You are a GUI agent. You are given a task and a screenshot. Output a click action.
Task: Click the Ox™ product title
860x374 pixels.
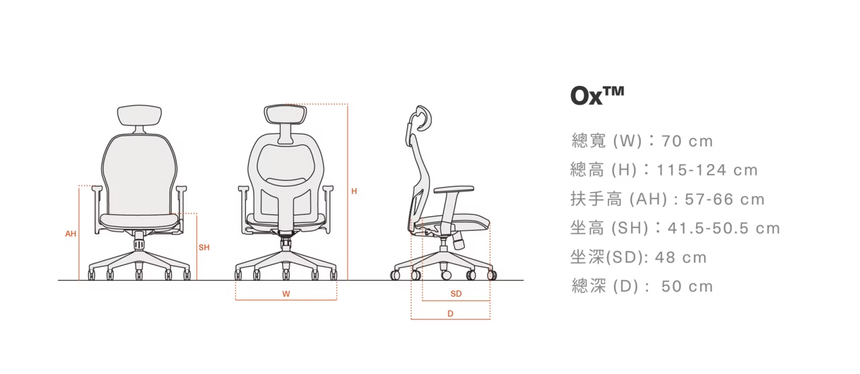pyautogui.click(x=597, y=95)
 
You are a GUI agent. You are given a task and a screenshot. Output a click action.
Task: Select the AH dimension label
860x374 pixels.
pyautogui.click(x=71, y=234)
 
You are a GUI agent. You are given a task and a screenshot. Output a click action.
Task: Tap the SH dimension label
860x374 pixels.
pyautogui.click(x=204, y=248)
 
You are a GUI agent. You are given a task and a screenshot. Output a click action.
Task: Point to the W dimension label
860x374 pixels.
pyautogui.click(x=286, y=294)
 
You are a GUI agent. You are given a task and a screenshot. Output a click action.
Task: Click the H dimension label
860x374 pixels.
pyautogui.click(x=354, y=192)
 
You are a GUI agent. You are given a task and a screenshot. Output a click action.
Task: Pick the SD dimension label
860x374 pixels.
pyautogui.click(x=456, y=294)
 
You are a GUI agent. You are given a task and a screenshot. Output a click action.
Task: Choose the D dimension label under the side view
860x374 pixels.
pyautogui.click(x=450, y=314)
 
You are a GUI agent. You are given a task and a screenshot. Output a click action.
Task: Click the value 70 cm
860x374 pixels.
pyautogui.click(x=687, y=142)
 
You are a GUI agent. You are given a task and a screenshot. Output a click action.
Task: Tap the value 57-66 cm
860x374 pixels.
pyautogui.click(x=724, y=199)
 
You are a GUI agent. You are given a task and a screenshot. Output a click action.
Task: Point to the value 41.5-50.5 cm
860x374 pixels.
pyautogui.click(x=724, y=228)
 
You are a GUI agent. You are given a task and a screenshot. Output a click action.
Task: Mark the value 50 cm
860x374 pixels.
pyautogui.click(x=687, y=287)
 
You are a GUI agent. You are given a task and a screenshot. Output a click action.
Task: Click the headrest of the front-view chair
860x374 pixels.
pyautogui.click(x=139, y=115)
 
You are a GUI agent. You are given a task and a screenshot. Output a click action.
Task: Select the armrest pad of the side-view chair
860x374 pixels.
pyautogui.click(x=454, y=190)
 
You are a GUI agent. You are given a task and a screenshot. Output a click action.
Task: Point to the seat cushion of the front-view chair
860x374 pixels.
pyautogui.click(x=140, y=220)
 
